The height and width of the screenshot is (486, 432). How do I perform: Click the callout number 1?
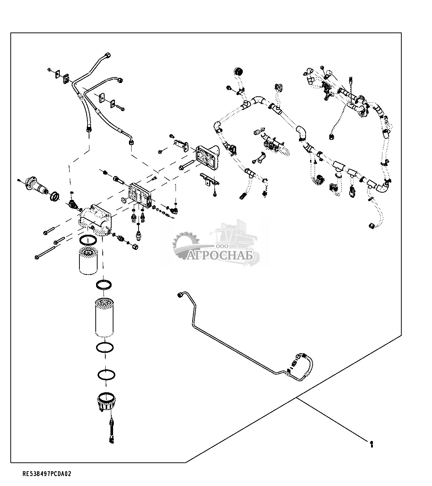(x=371, y=444)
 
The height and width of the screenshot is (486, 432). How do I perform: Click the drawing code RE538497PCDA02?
(x=47, y=474)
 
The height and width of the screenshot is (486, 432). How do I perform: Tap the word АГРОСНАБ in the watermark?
(x=220, y=256)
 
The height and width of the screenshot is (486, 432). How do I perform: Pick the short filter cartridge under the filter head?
(x=88, y=260)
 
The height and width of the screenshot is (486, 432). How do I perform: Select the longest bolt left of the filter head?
(x=46, y=253)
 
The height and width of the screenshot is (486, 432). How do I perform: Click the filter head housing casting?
(x=95, y=220)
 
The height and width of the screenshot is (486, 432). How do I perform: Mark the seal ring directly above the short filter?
(x=88, y=240)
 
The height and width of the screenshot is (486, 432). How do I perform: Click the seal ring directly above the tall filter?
(x=104, y=285)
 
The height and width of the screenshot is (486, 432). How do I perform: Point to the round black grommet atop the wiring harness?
(x=238, y=72)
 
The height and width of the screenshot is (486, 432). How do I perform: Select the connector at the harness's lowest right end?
(x=371, y=226)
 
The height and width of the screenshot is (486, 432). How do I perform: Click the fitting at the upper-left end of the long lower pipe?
(x=179, y=295)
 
